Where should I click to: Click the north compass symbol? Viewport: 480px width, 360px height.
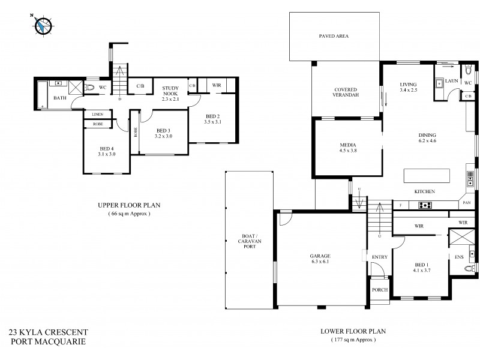43,25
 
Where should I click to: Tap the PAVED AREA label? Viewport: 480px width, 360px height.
334,36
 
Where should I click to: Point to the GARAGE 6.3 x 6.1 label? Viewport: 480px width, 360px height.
320,259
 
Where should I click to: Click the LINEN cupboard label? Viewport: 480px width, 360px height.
98,114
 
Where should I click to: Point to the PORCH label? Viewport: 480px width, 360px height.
379,290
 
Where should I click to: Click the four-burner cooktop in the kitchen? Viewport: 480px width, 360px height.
425,205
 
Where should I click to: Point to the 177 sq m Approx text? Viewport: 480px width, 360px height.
353,339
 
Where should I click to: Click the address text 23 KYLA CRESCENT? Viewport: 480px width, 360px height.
49,332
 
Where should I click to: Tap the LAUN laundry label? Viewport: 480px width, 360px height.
452,80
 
